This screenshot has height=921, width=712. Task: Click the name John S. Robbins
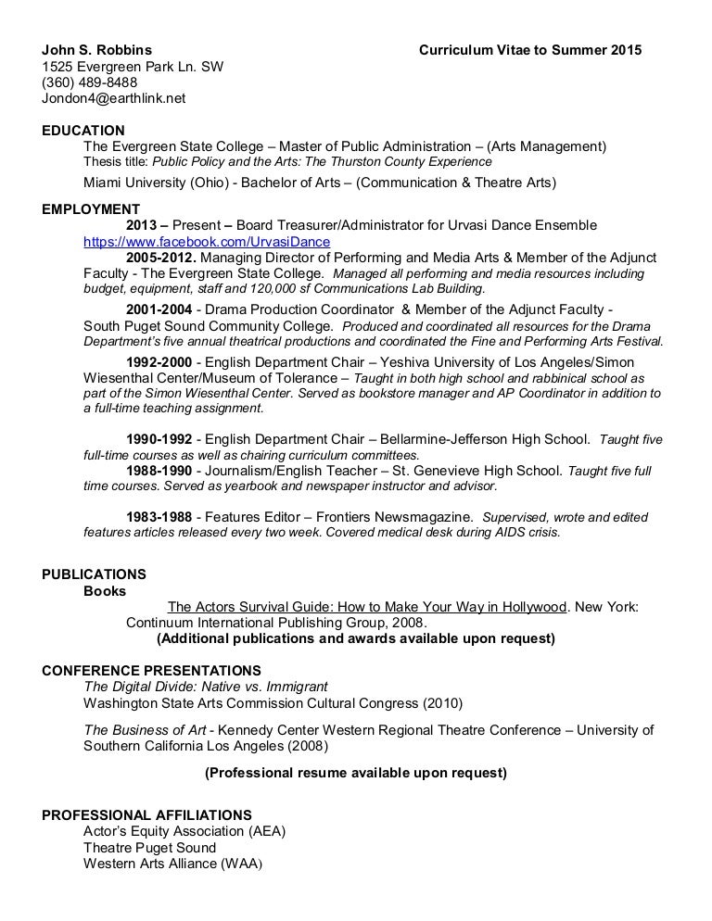[x=98, y=49]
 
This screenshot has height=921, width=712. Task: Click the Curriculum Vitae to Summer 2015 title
[x=529, y=49]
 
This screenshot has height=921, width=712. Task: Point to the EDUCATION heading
[x=83, y=131]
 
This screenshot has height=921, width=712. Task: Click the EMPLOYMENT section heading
[x=91, y=209]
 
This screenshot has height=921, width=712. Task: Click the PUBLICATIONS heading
[x=94, y=574]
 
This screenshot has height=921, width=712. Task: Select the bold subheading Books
[x=105, y=590]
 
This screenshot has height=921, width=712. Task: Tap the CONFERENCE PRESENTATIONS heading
[x=152, y=671]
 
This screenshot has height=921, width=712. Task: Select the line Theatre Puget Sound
[x=149, y=848]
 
